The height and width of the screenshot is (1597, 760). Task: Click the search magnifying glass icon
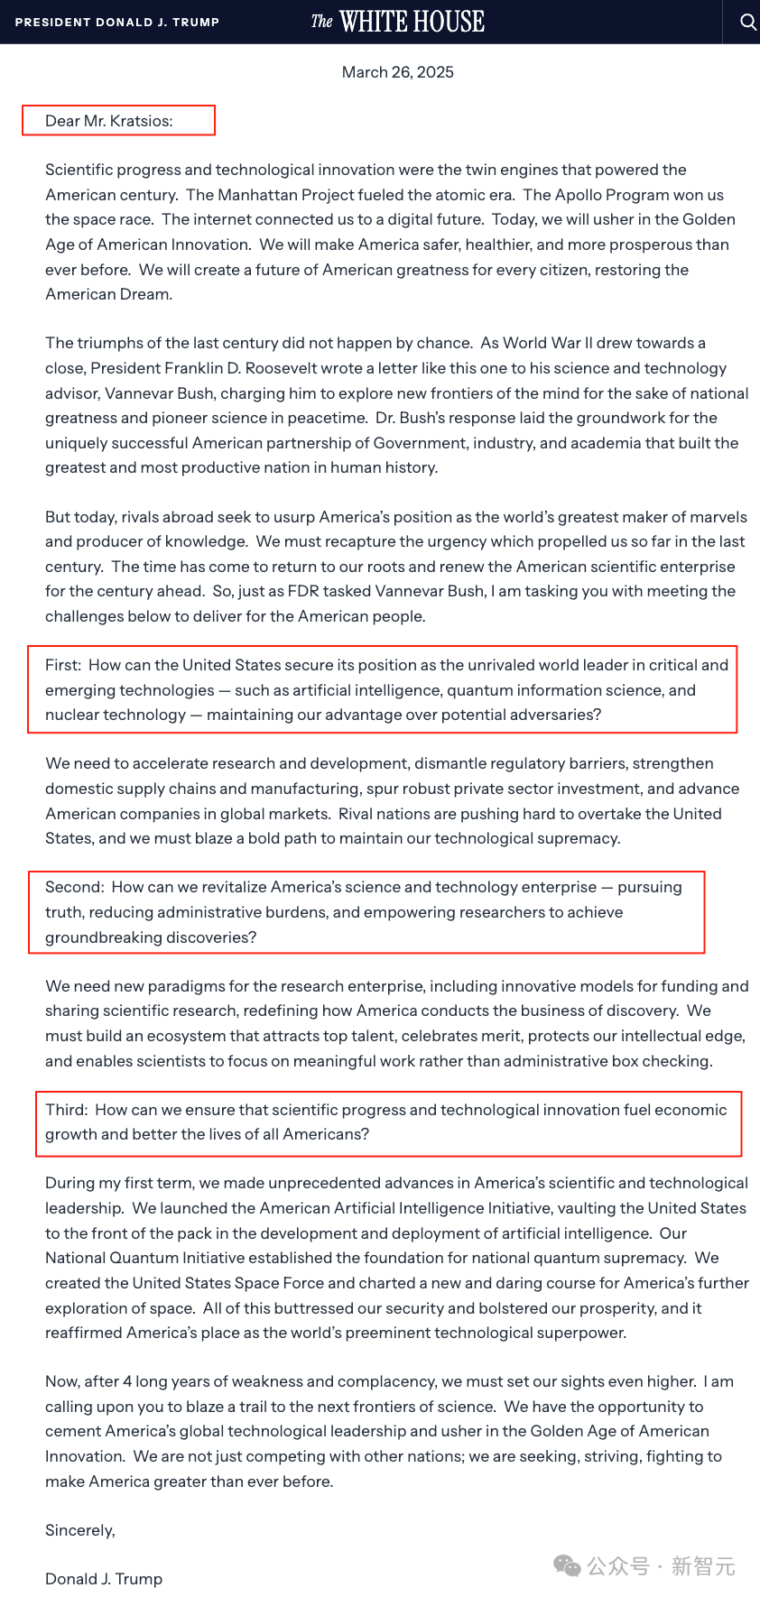[747, 22]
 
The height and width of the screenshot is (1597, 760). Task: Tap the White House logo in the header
[398, 22]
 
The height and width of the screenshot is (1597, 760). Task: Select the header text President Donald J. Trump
[117, 22]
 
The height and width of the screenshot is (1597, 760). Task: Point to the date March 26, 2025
[397, 72]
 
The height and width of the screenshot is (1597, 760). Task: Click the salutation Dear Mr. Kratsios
[109, 121]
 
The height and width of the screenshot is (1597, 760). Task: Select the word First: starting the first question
[63, 665]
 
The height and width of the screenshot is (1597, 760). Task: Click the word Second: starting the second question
[75, 887]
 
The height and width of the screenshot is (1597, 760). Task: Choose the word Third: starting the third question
[67, 1110]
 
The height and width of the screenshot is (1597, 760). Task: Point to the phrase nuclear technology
[116, 715]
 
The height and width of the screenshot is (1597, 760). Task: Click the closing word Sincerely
[80, 1530]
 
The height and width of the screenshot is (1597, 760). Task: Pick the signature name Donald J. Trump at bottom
[104, 1579]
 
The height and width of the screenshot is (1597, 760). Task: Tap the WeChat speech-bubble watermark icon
[568, 1566]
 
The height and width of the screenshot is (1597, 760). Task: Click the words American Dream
[108, 294]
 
